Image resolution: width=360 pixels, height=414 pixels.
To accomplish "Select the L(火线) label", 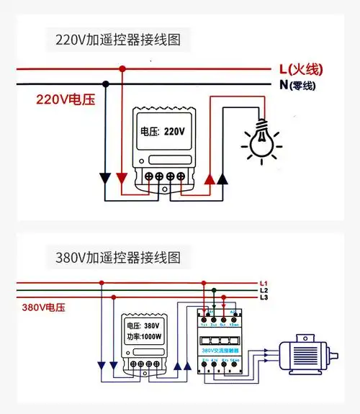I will pos(301,69).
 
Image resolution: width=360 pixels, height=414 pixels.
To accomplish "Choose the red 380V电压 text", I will pos(43,307).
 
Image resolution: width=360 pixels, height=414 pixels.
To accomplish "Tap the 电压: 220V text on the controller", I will pos(163,132).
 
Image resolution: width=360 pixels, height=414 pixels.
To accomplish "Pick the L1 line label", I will pos(264,282).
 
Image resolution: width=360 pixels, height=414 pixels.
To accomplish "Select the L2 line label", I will pos(264,289).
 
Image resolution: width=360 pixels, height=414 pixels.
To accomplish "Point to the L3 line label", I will pos(264,297).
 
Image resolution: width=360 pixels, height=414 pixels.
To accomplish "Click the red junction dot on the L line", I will pos(122,69).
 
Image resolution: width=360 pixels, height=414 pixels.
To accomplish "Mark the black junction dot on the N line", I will pos(106,84).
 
